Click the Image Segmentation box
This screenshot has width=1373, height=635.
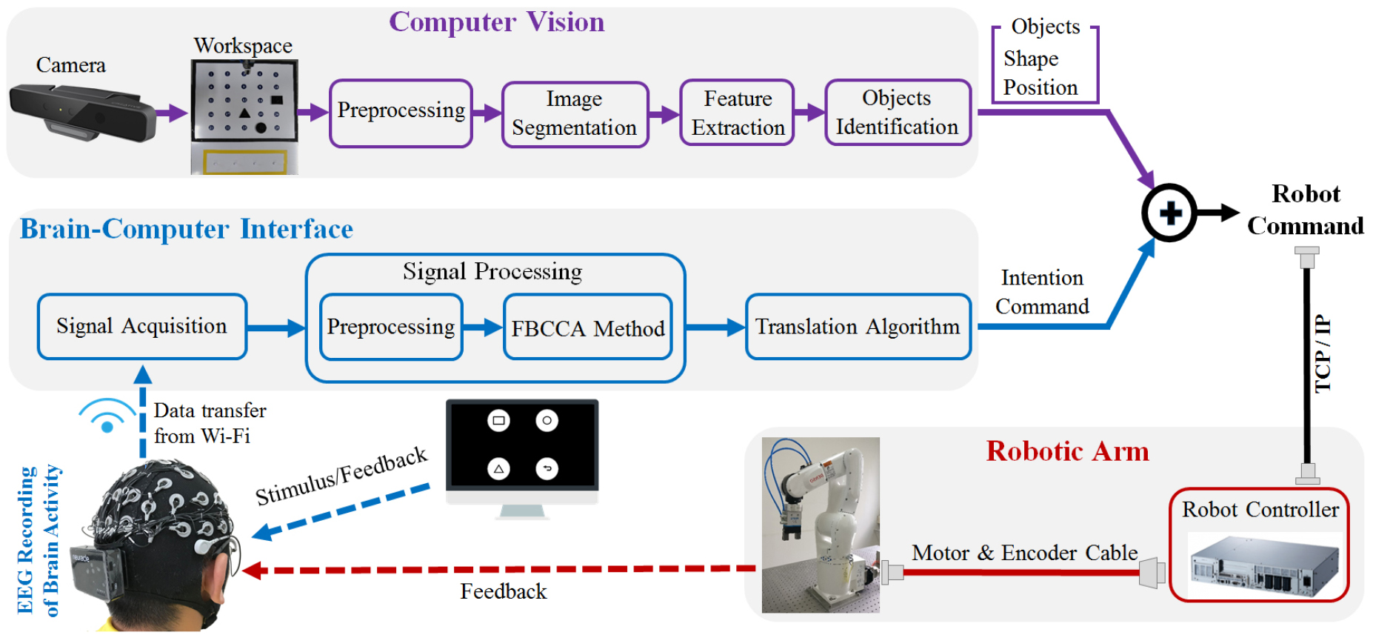click(575, 114)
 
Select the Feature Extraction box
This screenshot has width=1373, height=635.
click(737, 113)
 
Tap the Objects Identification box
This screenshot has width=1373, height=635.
click(897, 113)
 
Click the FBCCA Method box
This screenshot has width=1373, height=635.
click(587, 328)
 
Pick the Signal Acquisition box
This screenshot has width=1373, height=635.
click(141, 327)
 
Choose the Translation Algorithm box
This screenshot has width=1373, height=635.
click(858, 327)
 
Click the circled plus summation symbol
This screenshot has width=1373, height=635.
click(1169, 213)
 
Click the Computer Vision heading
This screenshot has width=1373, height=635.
click(496, 22)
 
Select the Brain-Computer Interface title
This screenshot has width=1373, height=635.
click(186, 229)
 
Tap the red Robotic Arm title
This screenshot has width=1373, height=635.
click(1067, 451)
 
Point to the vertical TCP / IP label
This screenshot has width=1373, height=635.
click(1323, 354)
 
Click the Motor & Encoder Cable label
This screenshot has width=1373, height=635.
click(1024, 553)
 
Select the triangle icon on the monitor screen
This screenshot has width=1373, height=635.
click(498, 468)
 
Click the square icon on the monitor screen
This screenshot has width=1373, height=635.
click(498, 420)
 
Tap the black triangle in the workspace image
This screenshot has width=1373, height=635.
click(244, 113)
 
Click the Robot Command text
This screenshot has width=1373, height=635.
click(1305, 210)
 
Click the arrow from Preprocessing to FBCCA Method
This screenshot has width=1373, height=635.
click(482, 327)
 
